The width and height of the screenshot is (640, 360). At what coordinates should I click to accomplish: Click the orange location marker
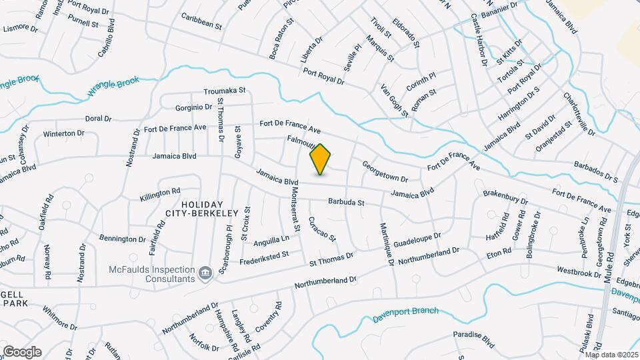pos(321,159)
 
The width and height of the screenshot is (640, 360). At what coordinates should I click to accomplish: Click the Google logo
pos(22,351)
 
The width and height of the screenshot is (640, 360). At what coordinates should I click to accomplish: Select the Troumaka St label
pos(225,91)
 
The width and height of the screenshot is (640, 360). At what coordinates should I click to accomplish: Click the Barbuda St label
pos(345,202)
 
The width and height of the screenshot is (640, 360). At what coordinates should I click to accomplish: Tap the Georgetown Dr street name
pos(385,171)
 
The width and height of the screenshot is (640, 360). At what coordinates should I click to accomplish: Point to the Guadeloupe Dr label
pos(417,240)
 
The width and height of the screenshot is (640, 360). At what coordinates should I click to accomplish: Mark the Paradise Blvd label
pos(473,339)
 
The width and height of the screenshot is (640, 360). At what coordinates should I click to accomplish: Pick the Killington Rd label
pos(160,195)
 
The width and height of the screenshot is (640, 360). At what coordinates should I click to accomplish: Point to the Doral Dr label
pos(98,119)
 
